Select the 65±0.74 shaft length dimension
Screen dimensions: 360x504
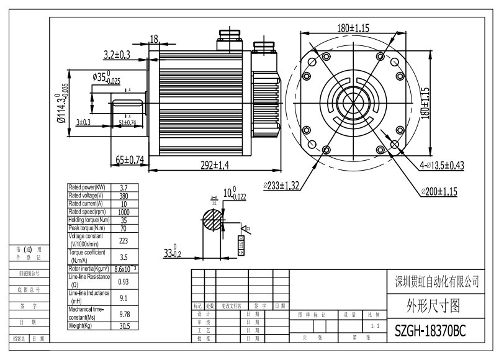point(130,160)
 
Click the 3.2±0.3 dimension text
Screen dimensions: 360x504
point(116,55)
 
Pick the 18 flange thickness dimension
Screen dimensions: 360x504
point(155,38)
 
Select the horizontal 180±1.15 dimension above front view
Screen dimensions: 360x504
point(362,28)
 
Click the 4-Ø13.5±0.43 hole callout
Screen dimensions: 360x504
point(442,165)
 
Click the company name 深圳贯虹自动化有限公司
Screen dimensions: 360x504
point(438,282)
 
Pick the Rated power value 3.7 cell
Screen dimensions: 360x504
point(124,187)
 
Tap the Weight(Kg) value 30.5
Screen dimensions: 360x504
point(124,326)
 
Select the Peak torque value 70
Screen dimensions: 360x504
point(124,227)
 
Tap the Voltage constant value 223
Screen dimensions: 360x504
point(124,240)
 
